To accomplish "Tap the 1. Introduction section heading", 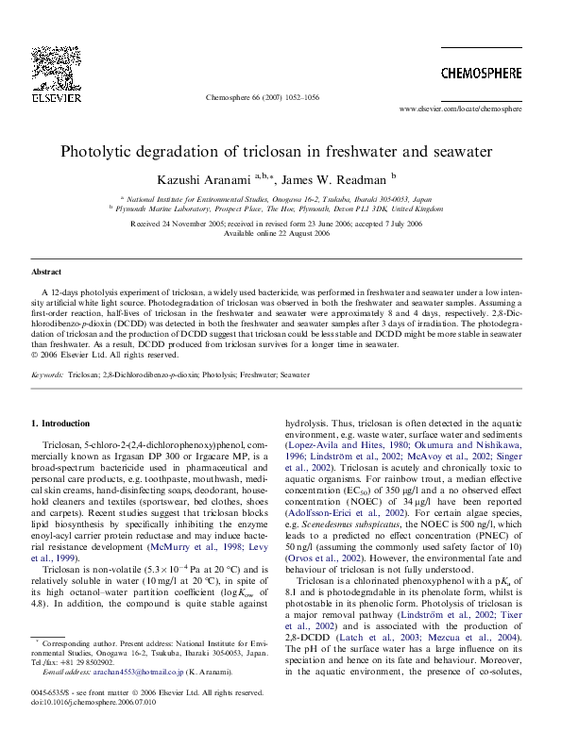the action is pyautogui.click(x=61, y=424).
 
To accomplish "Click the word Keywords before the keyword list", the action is pyautogui.click(x=47, y=374).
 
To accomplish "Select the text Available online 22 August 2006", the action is pyautogui.click(x=281, y=233).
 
